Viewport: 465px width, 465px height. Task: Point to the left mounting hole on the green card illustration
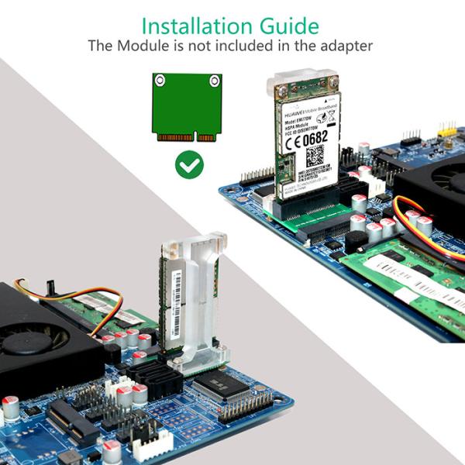click(160, 80)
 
